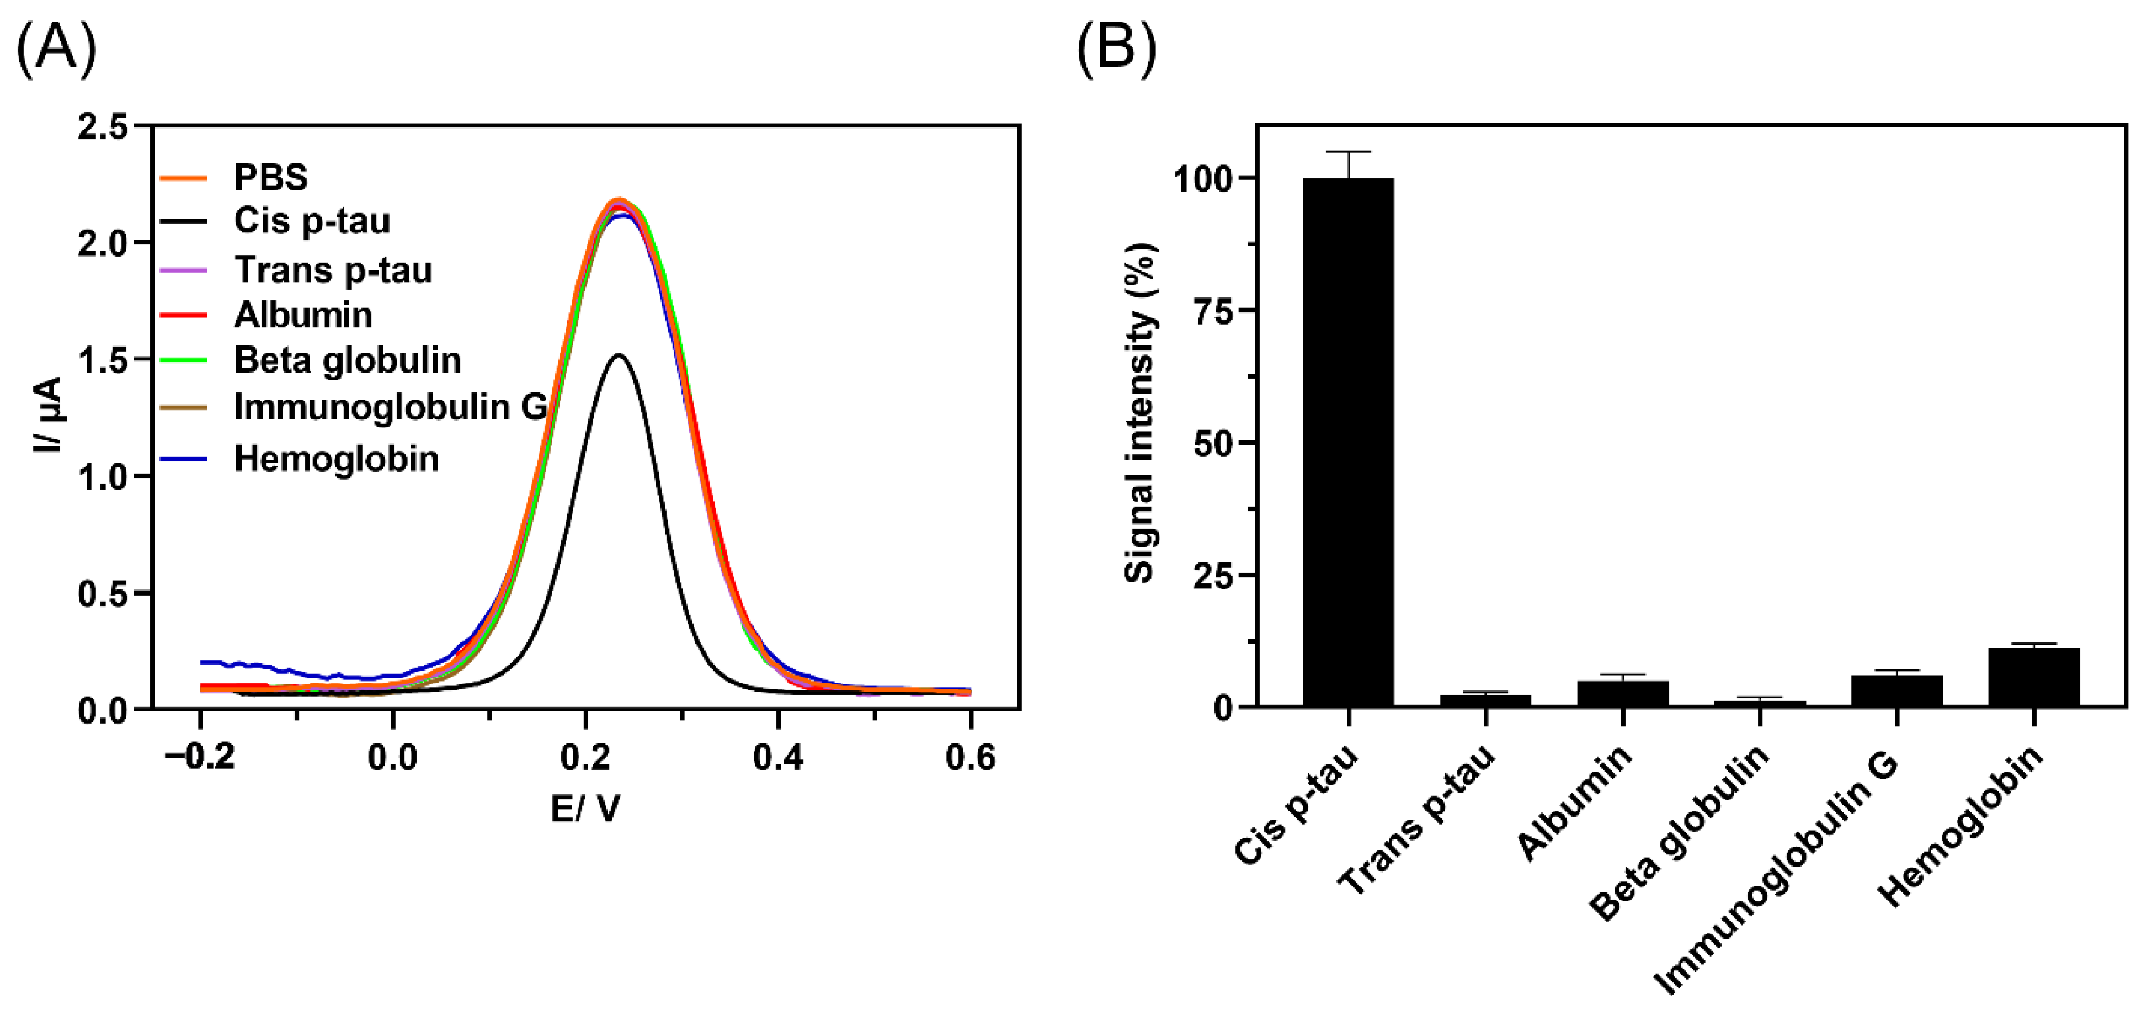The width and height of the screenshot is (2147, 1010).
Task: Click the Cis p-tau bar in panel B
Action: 1347,442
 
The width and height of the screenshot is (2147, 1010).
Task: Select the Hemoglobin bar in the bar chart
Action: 2034,677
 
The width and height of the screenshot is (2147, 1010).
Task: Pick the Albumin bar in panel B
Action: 1623,693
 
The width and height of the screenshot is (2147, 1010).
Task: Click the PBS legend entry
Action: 269,178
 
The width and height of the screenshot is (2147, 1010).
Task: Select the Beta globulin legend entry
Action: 346,360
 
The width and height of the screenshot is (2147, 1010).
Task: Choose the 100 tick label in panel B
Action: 1203,178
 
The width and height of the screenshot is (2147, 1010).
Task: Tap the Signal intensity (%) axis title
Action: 1140,412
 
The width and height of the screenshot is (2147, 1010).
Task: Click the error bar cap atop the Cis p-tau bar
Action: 1347,152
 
